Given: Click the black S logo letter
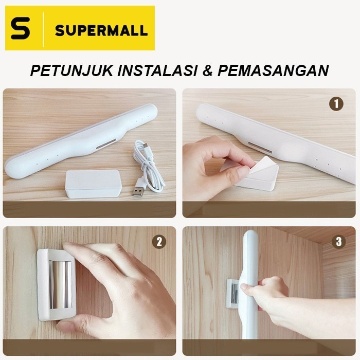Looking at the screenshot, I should click(x=21, y=29).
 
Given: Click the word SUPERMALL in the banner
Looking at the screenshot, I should click(x=101, y=29).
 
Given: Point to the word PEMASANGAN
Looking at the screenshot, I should click(x=273, y=70).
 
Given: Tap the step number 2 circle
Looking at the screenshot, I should click(x=159, y=242).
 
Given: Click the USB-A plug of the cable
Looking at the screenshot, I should click(x=138, y=191).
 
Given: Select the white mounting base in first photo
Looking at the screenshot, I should click(x=93, y=183).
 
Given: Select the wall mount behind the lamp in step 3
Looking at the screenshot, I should click(x=233, y=296).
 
